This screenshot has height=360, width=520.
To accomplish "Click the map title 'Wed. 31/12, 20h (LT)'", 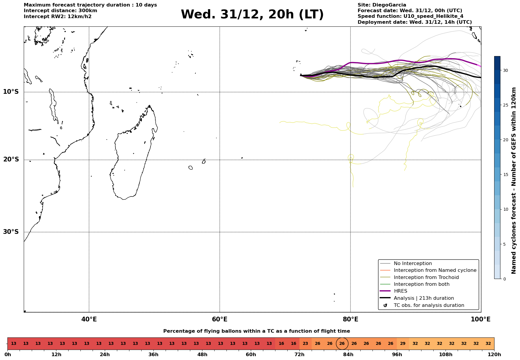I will point(252,15).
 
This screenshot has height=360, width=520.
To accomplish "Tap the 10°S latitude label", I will point(11,92).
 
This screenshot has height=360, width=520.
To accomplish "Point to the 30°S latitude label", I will point(11,232).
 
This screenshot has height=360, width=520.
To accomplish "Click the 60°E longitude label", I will point(220,319).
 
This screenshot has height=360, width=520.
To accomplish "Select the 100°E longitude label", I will point(481,319).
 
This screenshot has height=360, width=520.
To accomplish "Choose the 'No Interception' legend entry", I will point(413,264).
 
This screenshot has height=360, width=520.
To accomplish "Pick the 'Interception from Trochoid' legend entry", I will point(426,277).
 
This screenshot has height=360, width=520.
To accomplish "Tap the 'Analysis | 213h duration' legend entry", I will point(424,298).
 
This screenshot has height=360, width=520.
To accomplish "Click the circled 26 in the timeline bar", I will point(342,344).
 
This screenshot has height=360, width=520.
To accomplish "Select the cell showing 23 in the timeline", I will point(305,344).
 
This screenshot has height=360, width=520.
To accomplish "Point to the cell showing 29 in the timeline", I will point(403,344).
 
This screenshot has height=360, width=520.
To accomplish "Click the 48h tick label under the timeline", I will point(202,354).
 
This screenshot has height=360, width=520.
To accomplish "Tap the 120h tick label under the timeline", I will point(494,354).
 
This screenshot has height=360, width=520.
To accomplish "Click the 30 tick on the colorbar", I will point(505,70).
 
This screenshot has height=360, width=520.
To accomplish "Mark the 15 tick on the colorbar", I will point(505,175).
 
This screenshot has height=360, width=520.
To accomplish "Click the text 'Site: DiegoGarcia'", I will point(382,5).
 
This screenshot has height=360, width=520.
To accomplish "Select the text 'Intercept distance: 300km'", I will point(60,11).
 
